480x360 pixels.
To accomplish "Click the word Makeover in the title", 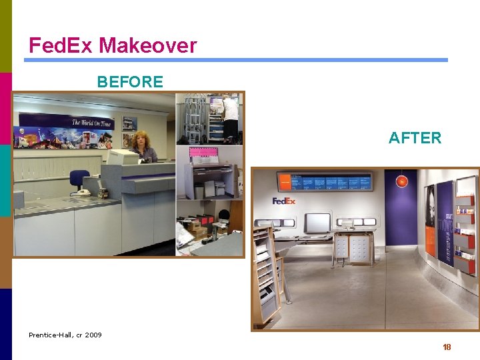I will [148, 45].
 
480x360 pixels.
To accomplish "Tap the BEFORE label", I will [130, 82].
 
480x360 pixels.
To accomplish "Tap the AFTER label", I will [415, 138].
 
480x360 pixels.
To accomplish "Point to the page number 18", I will [447, 347].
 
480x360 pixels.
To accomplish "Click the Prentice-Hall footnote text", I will [65, 335].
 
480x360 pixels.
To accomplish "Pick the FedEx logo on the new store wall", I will [283, 201].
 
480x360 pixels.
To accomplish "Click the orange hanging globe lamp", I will [401, 181].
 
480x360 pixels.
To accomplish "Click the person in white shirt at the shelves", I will [231, 117].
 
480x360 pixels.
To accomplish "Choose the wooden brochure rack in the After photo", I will [267, 273].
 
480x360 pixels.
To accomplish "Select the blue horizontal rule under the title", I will [236, 60].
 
